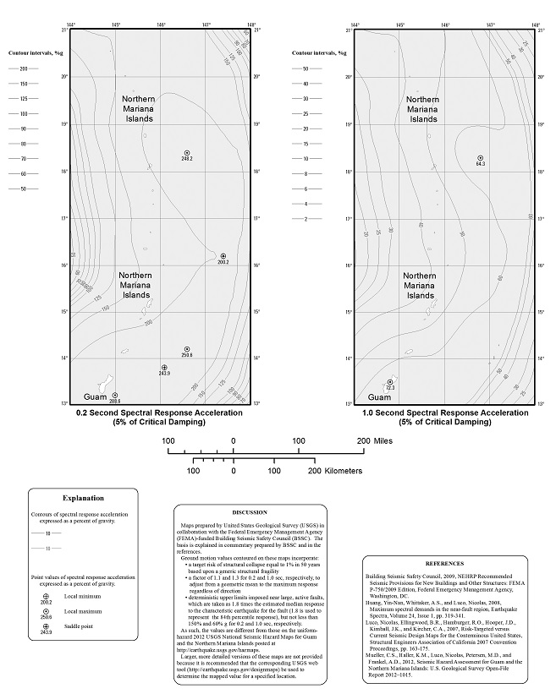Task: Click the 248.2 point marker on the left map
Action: click(x=187, y=153)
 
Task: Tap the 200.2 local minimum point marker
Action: click(x=223, y=255)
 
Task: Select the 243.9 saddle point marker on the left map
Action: click(x=164, y=368)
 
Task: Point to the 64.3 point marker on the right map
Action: click(x=480, y=158)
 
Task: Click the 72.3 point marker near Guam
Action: click(x=390, y=383)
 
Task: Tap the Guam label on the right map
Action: click(x=379, y=397)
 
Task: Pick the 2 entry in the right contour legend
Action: click(x=306, y=218)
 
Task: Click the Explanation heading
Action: click(x=84, y=499)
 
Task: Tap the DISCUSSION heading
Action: click(x=249, y=512)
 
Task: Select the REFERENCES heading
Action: click(x=443, y=563)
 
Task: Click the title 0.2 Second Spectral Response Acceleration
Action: click(x=159, y=414)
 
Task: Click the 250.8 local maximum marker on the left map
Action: click(x=187, y=349)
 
